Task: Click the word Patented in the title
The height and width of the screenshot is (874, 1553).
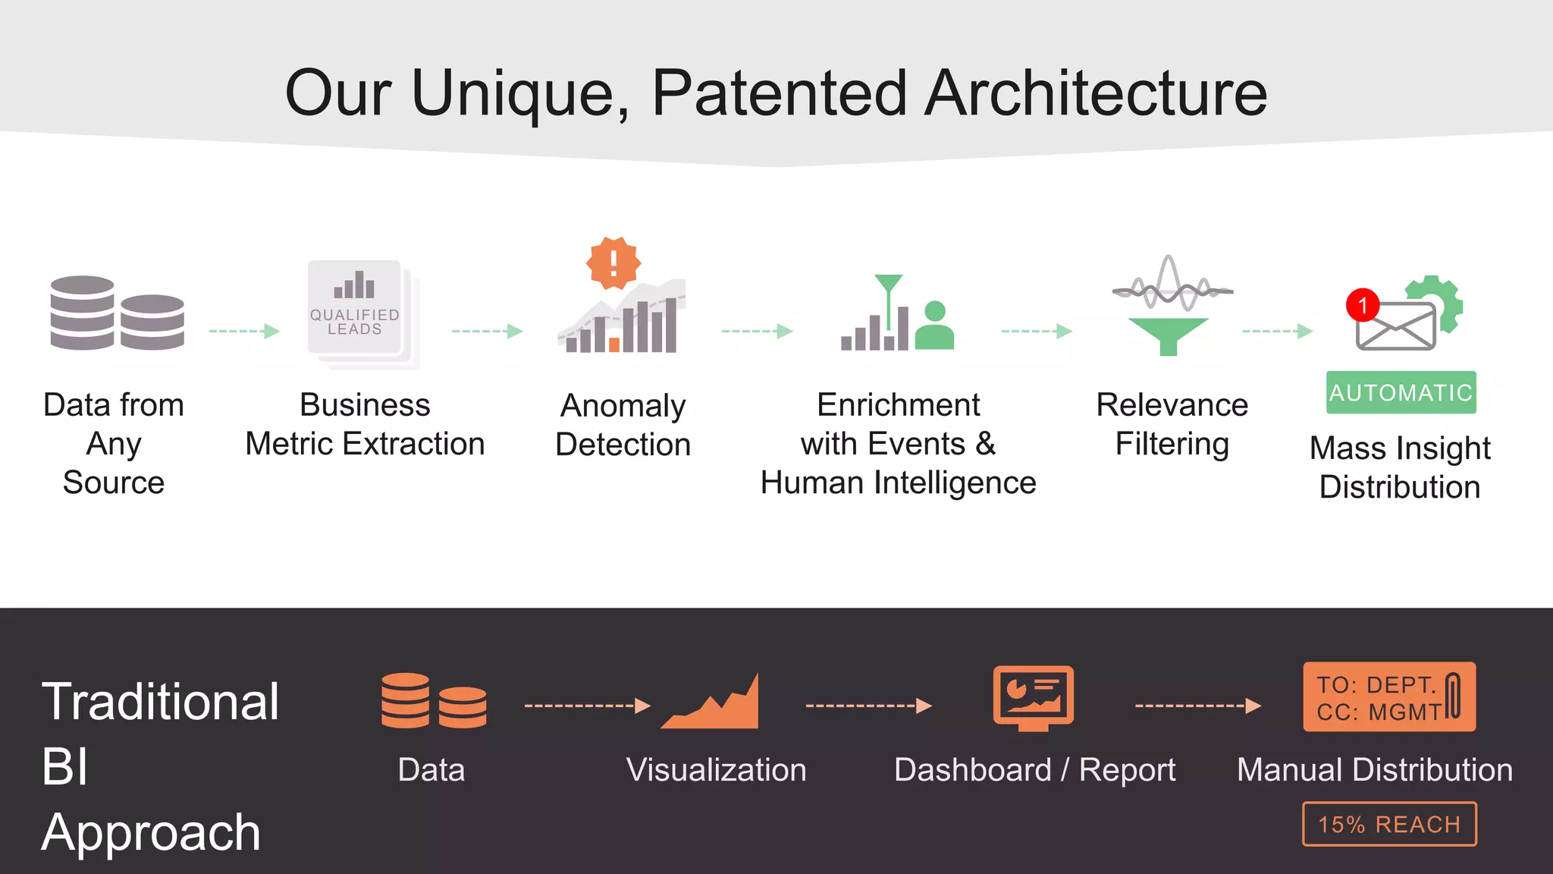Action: click(x=779, y=93)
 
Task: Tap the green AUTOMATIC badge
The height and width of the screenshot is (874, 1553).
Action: click(x=1401, y=392)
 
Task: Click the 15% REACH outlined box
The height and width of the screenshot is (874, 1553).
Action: click(x=1389, y=824)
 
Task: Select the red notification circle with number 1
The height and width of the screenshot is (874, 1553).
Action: click(x=1363, y=305)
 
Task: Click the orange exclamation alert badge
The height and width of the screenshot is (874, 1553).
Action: click(x=613, y=263)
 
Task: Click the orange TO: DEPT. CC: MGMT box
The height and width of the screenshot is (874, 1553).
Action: click(x=1388, y=697)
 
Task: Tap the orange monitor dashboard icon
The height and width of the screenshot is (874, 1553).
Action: click(x=1033, y=697)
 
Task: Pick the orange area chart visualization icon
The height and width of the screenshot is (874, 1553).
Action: click(x=711, y=704)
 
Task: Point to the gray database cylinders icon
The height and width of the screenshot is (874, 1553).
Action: click(x=117, y=313)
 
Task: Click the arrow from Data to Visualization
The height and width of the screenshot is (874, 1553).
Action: click(x=587, y=706)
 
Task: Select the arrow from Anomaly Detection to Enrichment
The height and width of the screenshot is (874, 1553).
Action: click(x=756, y=331)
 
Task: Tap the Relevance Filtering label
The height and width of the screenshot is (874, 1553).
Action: click(x=1172, y=424)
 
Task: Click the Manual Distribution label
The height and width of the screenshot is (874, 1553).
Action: click(x=1374, y=769)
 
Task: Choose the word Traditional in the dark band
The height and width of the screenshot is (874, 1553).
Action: click(x=160, y=701)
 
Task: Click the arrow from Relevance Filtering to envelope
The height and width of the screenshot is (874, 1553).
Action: click(x=1277, y=331)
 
